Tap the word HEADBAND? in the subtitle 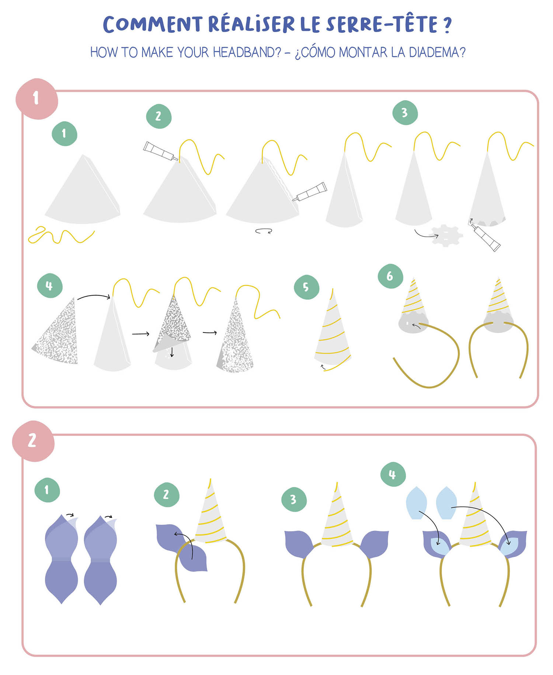247,52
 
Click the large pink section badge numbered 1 36,99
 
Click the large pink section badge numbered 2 33,441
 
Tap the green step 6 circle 390,276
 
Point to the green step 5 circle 306,287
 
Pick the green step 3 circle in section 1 405,112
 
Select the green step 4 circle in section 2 393,474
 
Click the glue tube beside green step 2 160,151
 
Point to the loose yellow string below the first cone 61,236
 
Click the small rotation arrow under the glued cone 264,231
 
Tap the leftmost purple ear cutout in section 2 62,559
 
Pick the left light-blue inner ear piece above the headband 417,503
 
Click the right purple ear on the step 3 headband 374,544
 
